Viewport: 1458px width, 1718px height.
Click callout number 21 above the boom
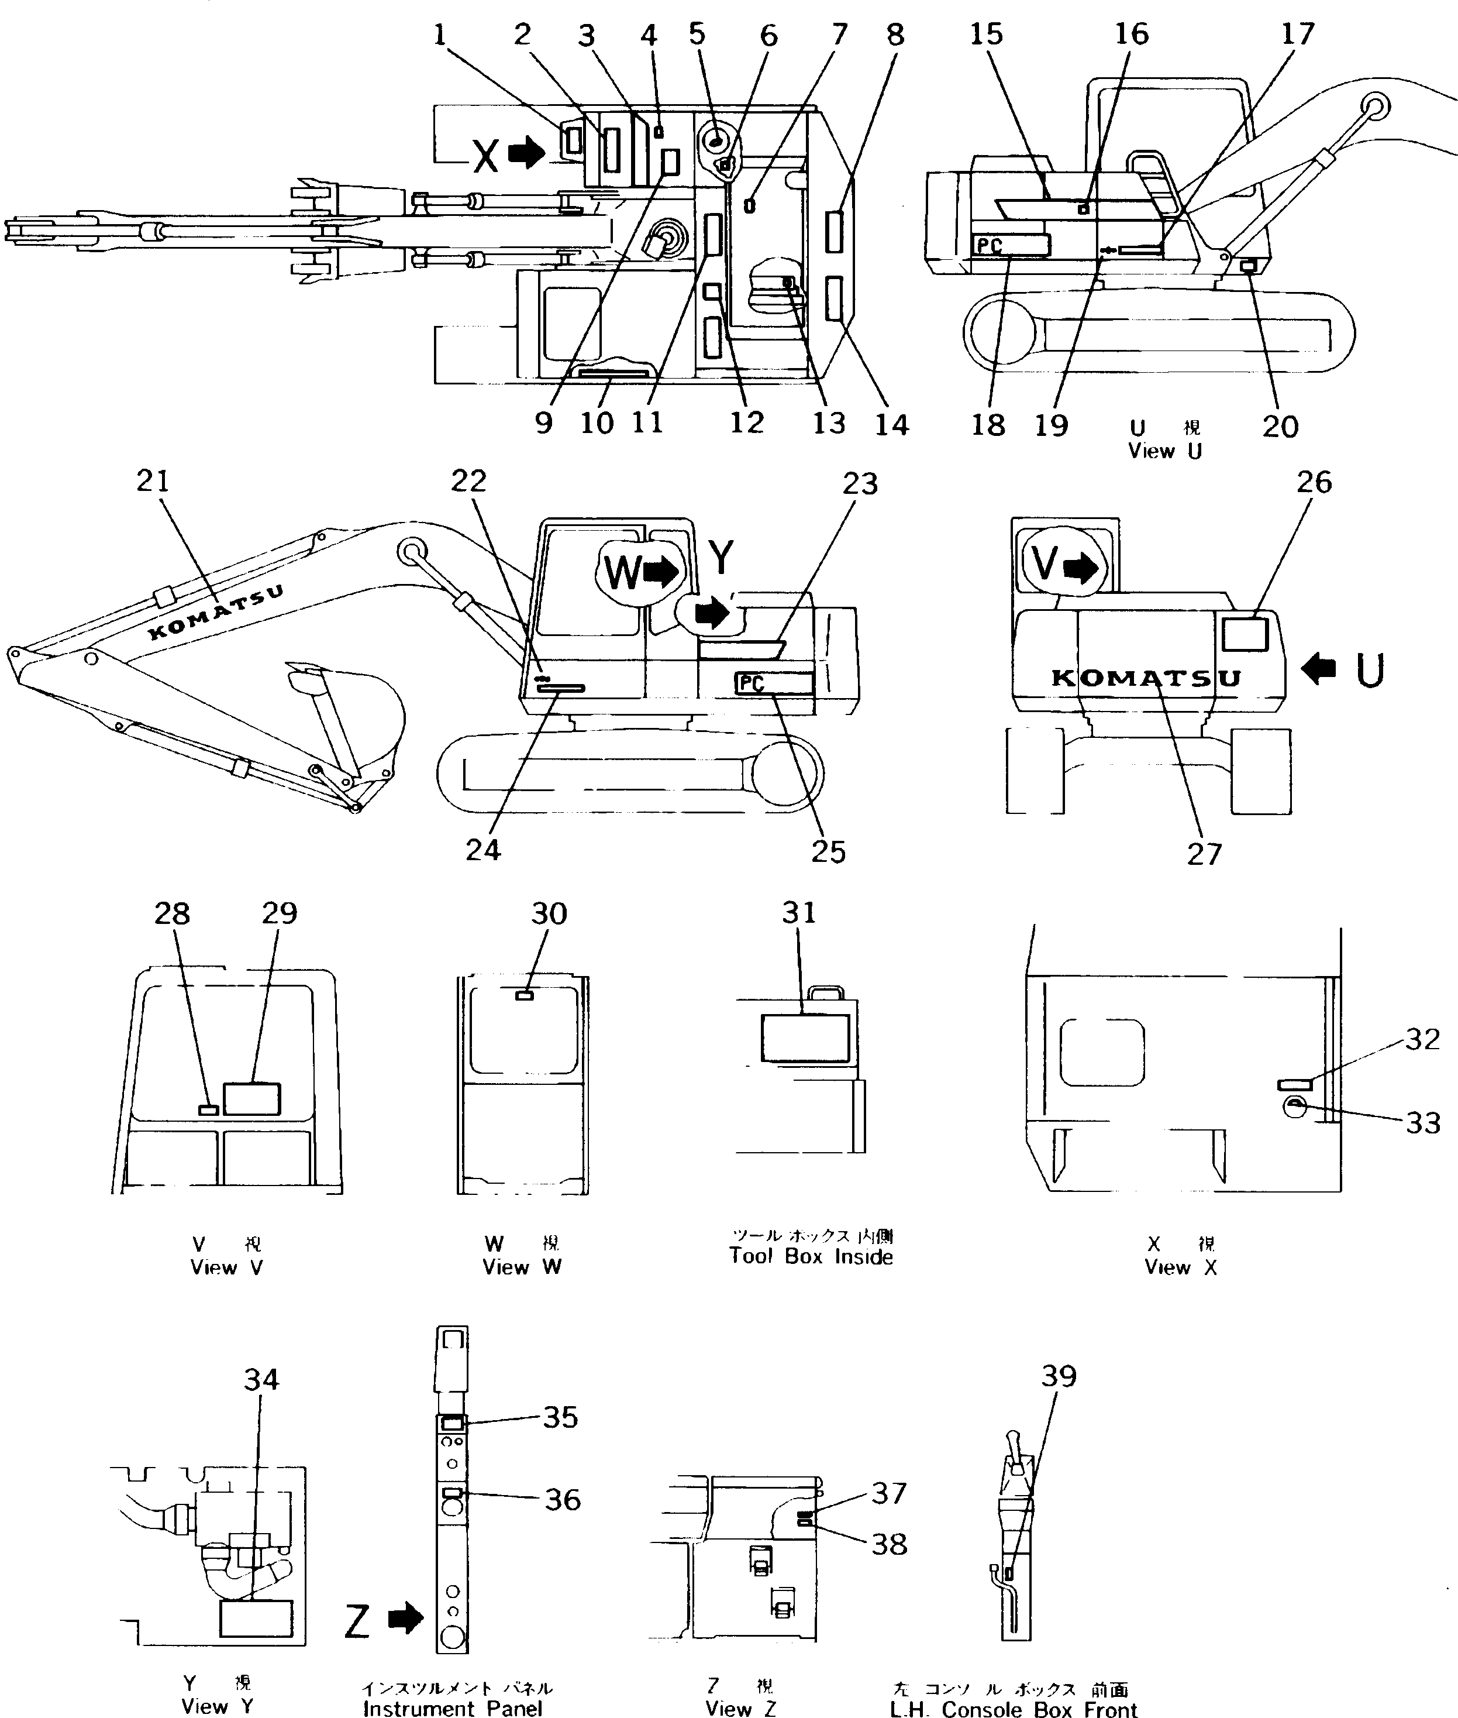(x=152, y=481)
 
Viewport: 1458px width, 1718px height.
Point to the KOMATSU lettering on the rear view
(x=1146, y=678)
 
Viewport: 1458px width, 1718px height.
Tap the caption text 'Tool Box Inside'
(x=811, y=1257)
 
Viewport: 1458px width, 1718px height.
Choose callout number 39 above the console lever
(x=1059, y=1376)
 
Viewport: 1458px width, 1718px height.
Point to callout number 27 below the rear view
(x=1204, y=854)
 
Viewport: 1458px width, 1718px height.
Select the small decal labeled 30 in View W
(x=524, y=995)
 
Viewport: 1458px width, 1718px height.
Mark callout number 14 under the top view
(x=892, y=424)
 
